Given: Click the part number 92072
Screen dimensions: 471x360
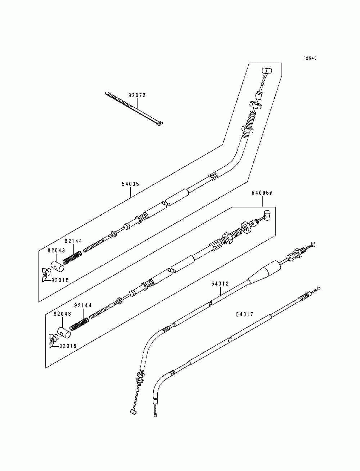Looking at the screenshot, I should tap(137, 95).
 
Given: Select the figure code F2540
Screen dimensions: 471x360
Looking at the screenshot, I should tap(310, 58).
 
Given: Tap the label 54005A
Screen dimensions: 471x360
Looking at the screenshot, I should tap(262, 193).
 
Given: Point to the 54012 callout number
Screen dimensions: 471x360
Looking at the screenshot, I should tap(220, 284).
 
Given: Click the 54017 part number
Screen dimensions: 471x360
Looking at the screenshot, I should tap(245, 314).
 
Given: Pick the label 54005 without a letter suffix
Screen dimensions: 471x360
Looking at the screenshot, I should tap(130, 184).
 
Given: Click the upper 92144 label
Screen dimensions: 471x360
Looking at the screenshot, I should tap(73, 241).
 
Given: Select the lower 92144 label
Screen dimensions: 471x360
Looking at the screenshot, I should tap(83, 306).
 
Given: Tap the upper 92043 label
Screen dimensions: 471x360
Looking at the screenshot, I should tap(56, 250).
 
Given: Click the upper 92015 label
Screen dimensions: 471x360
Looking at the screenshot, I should tap(59, 280).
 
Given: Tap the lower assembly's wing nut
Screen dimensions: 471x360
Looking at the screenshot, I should tap(53, 338).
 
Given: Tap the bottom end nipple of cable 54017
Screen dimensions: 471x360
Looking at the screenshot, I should tap(155, 416).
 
